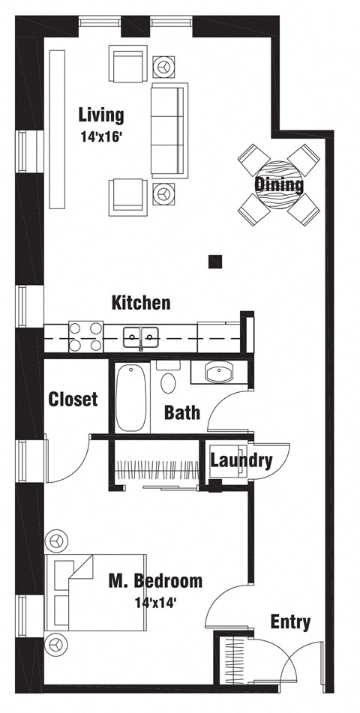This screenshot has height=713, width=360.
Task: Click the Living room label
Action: click(101, 115)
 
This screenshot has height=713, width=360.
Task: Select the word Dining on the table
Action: click(279, 184)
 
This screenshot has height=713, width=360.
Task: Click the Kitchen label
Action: click(141, 303)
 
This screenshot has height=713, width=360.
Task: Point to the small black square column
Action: click(216, 261)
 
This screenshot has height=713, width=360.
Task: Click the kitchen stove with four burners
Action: click(85, 337)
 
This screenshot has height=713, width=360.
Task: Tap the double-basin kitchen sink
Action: click(141, 337)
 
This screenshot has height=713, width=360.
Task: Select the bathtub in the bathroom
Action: click(133, 397)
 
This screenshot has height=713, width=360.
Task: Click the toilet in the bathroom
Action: click(168, 379)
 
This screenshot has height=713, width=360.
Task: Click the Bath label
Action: click(181, 412)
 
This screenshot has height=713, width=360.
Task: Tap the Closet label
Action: click(73, 399)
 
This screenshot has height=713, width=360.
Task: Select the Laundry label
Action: click(240, 460)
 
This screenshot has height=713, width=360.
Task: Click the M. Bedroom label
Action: click(155, 580)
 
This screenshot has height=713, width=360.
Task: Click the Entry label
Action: click(290, 621)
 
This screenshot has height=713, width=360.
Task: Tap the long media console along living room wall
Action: click(58, 129)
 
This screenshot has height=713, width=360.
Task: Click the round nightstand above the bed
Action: click(56, 540)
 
